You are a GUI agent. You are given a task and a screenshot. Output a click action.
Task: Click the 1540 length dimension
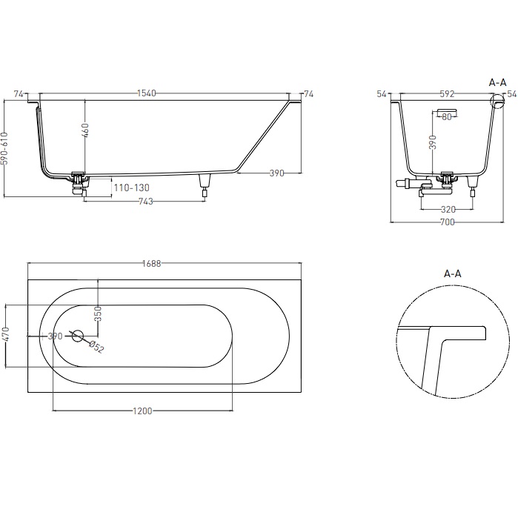point(147,93)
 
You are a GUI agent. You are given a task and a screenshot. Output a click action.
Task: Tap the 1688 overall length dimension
point(152,263)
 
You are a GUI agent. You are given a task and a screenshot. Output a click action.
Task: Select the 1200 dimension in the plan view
point(142,411)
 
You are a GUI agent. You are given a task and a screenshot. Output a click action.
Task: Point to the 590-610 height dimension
point(4,148)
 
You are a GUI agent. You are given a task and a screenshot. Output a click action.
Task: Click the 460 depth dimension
point(85,130)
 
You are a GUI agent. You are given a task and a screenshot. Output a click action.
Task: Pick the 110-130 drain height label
point(131,187)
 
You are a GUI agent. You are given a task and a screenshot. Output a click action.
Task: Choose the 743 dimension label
point(146,201)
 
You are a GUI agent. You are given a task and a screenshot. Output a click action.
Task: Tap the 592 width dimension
point(447,94)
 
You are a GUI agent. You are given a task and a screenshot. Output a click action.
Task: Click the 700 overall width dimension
point(448,222)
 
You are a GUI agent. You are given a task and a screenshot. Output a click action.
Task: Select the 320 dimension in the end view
point(448,209)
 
